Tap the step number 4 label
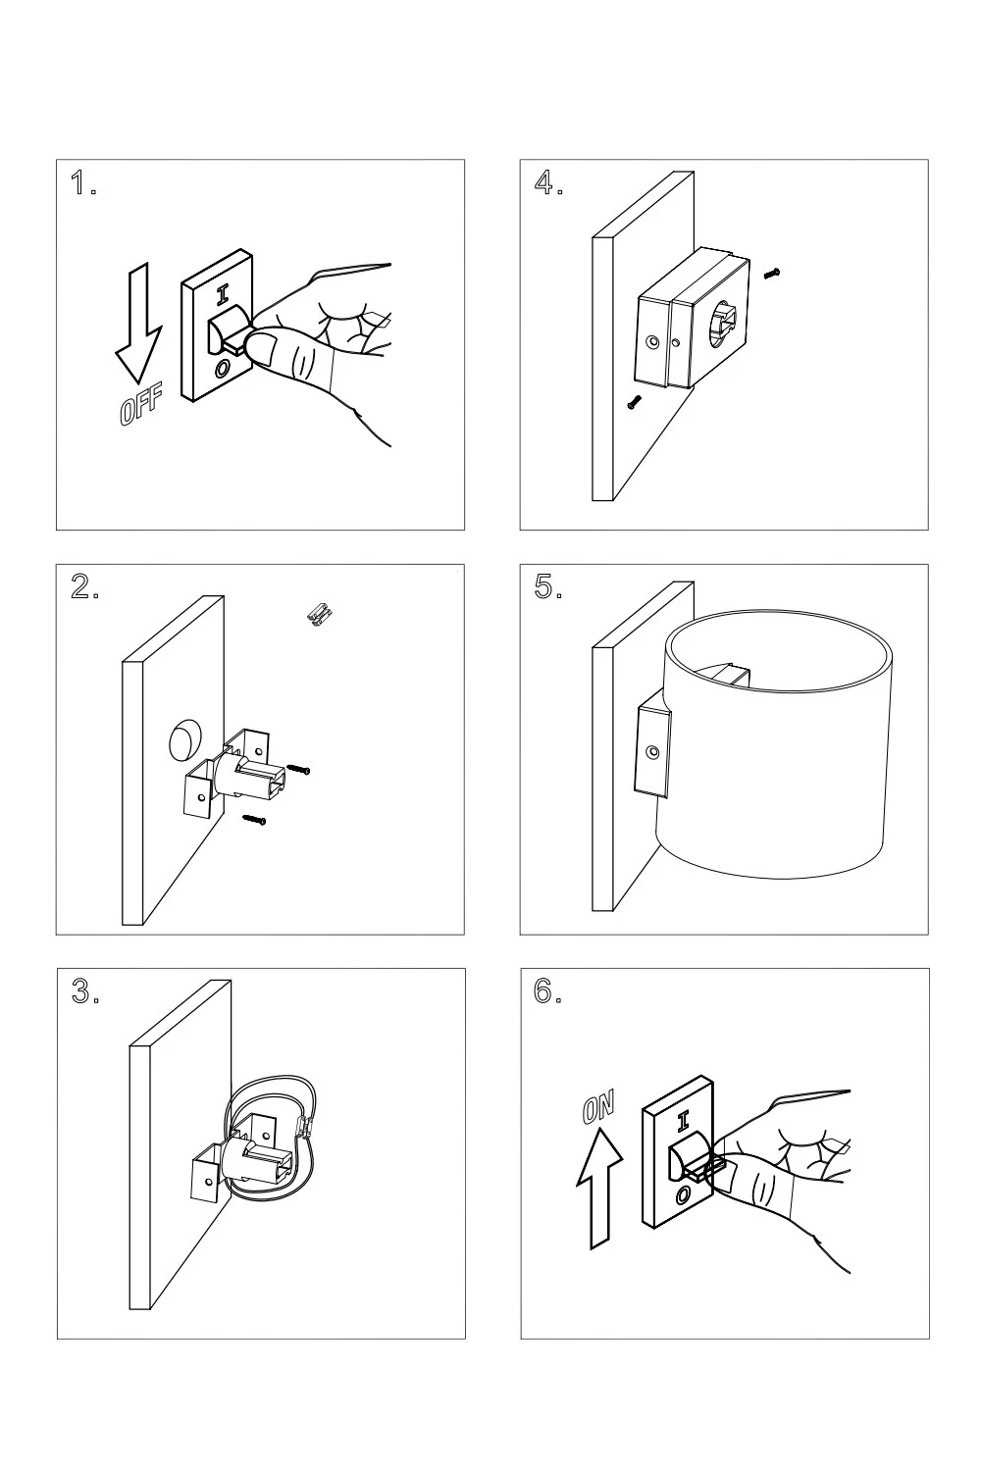(547, 182)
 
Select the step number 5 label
(547, 586)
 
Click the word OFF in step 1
(140, 407)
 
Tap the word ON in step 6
(598, 1108)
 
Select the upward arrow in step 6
(599, 1187)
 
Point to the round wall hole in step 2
(183, 740)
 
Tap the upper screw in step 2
(299, 770)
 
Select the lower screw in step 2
(255, 819)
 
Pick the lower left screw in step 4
(635, 401)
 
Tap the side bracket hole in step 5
(652, 753)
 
